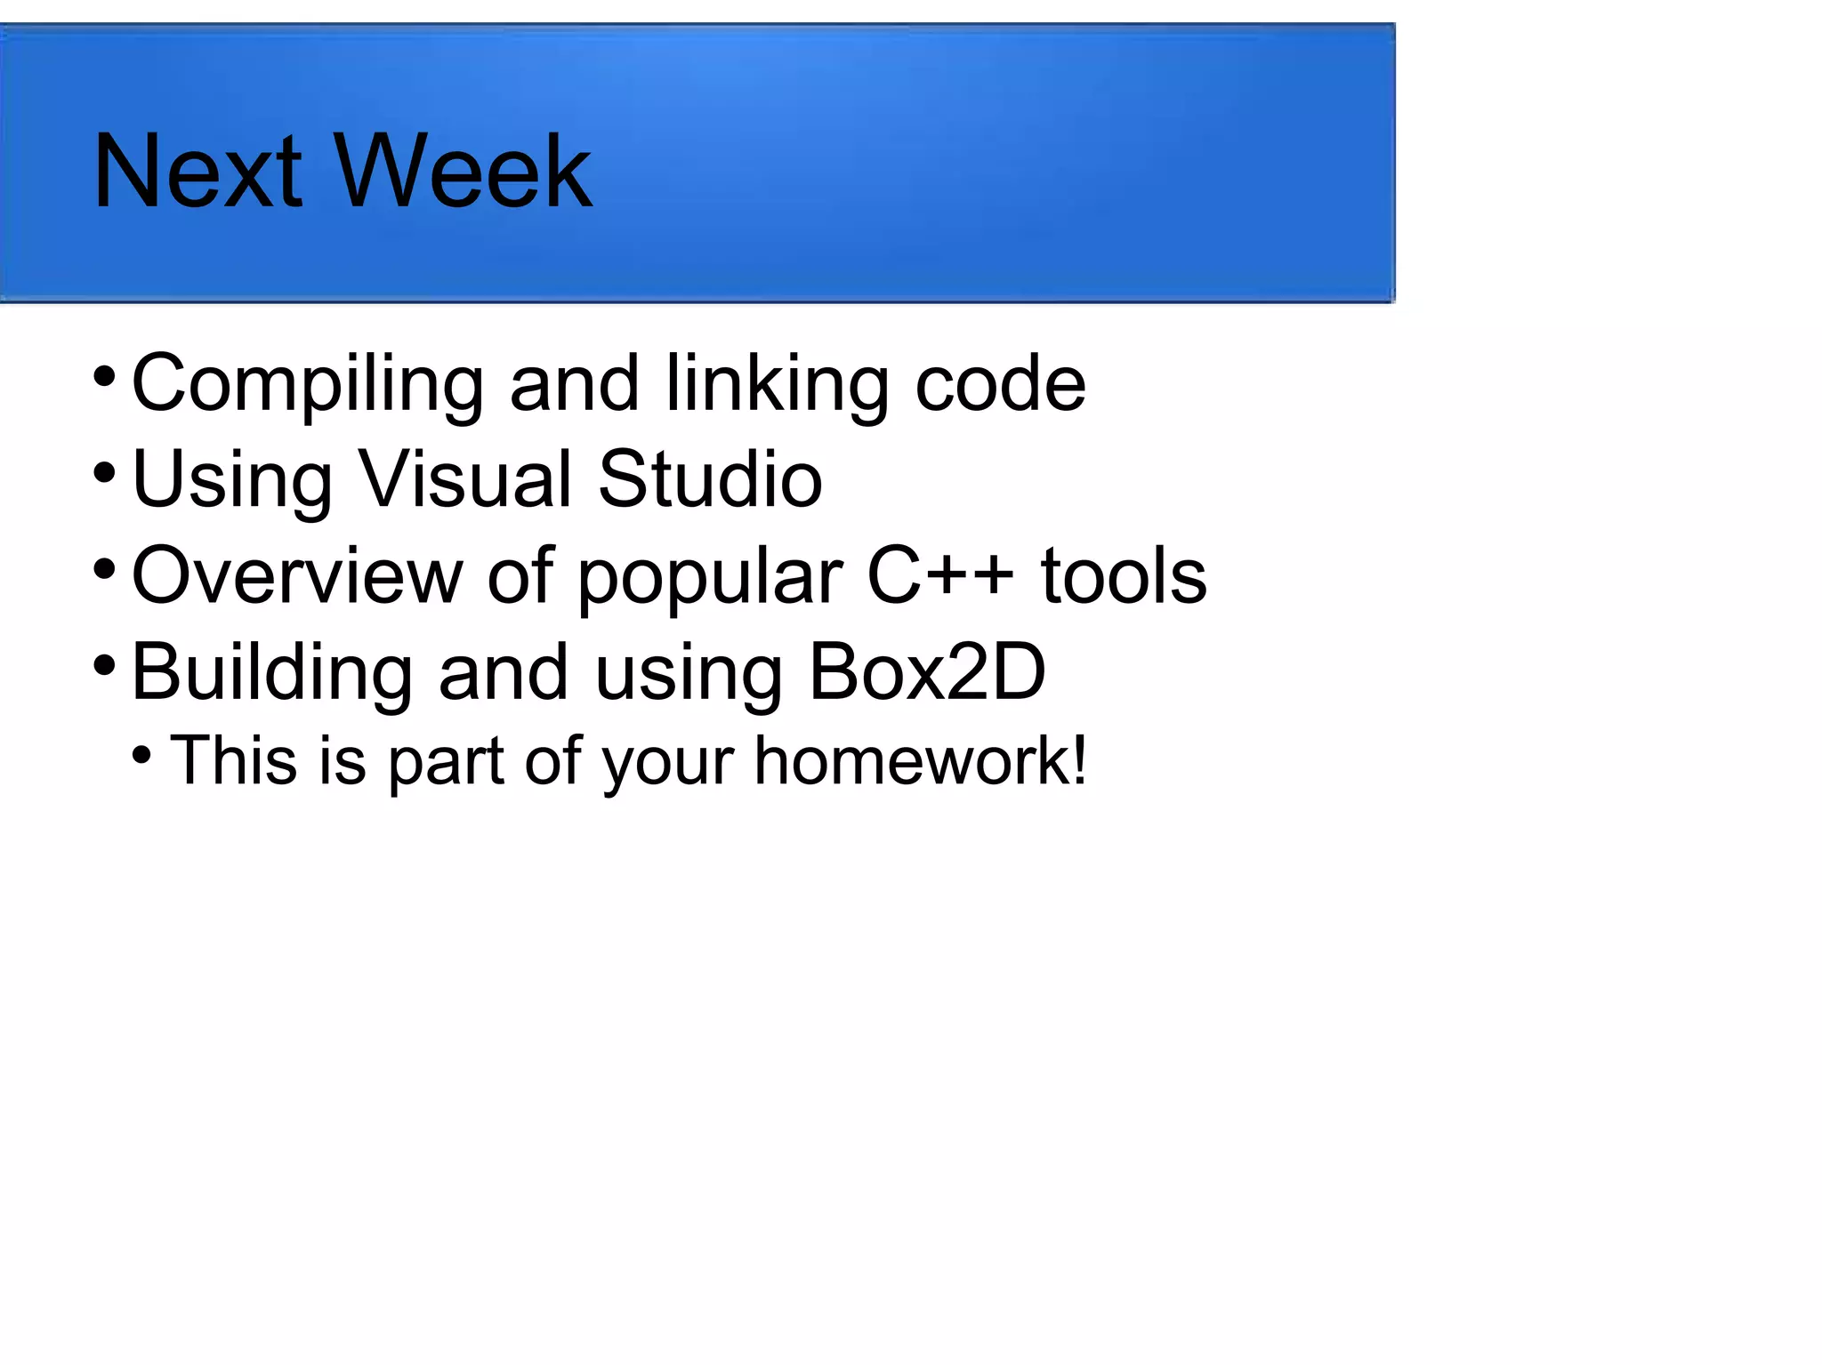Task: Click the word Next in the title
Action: point(198,171)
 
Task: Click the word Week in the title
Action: point(463,171)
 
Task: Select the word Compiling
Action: point(307,384)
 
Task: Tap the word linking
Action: point(776,384)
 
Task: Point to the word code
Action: point(1000,384)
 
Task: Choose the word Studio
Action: point(710,480)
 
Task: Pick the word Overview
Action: point(297,576)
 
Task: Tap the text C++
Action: point(939,576)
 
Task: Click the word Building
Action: point(271,674)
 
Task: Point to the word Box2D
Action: point(926,672)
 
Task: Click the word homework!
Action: point(920,761)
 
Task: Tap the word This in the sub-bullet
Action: point(233,761)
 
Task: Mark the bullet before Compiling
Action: point(104,376)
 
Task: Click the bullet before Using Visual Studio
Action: point(104,472)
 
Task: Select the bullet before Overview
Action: point(104,568)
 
